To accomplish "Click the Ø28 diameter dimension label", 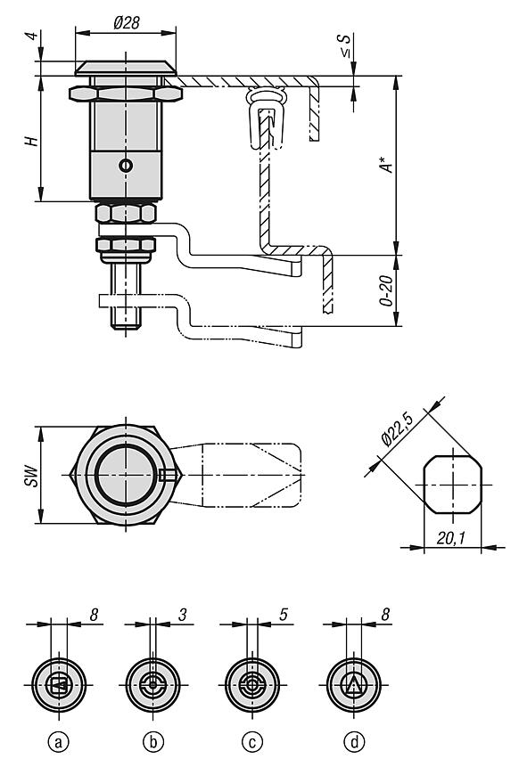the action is pos(127,22).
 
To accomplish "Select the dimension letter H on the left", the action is pos(32,141).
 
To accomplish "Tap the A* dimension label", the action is pos(387,164).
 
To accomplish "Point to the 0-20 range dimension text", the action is pos(386,290).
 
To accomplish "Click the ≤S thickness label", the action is pos(346,45).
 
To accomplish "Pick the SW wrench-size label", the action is pos(32,476).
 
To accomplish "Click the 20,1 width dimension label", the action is pos(450,539).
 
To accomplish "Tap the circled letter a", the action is pos(59,743).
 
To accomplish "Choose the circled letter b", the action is pos(153,743).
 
